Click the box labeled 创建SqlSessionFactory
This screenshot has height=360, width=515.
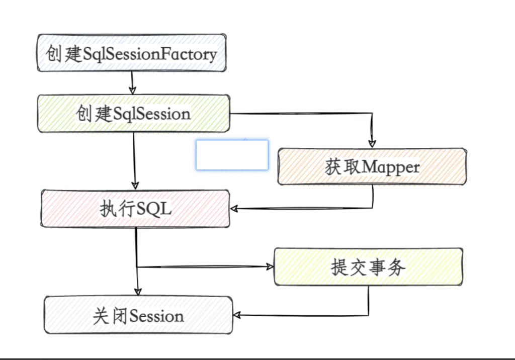[x=131, y=53]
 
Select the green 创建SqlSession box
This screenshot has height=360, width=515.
[x=133, y=114]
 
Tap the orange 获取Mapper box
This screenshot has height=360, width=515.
[x=372, y=166]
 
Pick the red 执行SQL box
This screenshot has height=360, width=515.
[x=135, y=209]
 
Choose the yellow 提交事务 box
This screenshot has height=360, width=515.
[x=368, y=267]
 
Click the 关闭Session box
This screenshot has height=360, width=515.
[x=138, y=315]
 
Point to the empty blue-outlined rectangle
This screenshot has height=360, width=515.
[x=232, y=155]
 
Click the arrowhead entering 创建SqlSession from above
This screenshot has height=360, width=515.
[x=132, y=91]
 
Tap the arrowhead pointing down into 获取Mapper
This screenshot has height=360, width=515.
[x=372, y=144]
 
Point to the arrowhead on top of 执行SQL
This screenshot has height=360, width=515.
[x=135, y=185]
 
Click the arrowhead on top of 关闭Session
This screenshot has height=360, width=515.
[x=138, y=292]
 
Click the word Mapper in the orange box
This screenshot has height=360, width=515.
[x=390, y=167]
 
